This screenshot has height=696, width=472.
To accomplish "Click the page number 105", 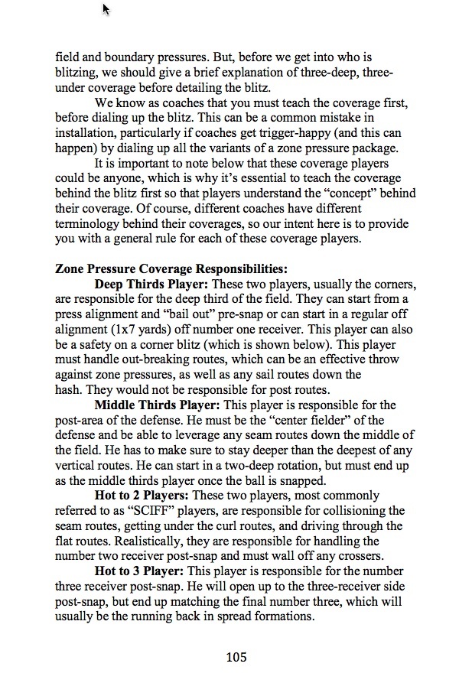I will [236, 657].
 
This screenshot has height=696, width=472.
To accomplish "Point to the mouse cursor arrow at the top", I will [106, 8].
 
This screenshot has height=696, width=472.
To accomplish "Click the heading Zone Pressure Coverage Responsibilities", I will [171, 268].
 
